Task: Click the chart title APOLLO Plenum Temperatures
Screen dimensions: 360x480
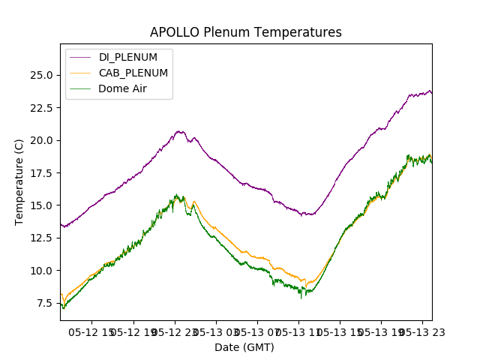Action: (245, 32)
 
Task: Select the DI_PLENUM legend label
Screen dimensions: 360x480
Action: (128, 57)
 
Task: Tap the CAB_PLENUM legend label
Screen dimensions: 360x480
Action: (133, 73)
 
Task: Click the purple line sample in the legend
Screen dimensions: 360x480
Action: (80, 57)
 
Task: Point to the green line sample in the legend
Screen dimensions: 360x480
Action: (80, 88)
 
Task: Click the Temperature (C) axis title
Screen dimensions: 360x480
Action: (19, 181)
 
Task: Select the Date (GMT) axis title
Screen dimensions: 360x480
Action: (244, 347)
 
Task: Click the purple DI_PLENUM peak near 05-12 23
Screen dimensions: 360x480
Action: (180, 132)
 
